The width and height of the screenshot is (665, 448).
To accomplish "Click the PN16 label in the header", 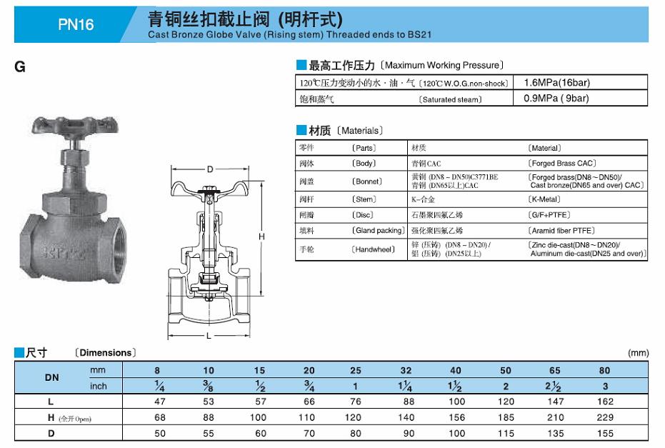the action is click(x=76, y=24).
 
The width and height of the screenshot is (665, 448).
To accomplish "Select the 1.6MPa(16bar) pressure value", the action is click(x=557, y=82).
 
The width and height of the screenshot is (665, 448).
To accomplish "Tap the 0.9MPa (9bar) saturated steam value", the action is click(x=556, y=99).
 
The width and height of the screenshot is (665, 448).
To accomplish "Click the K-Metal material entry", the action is click(x=544, y=199).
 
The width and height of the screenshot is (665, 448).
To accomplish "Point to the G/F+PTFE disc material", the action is click(x=549, y=214).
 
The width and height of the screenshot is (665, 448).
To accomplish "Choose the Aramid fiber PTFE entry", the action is click(x=561, y=230).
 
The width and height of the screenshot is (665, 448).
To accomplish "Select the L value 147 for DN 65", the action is click(x=555, y=402).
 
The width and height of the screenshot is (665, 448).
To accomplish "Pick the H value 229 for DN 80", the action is click(x=605, y=417).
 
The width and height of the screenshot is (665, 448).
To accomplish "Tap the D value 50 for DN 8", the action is click(x=160, y=433).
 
